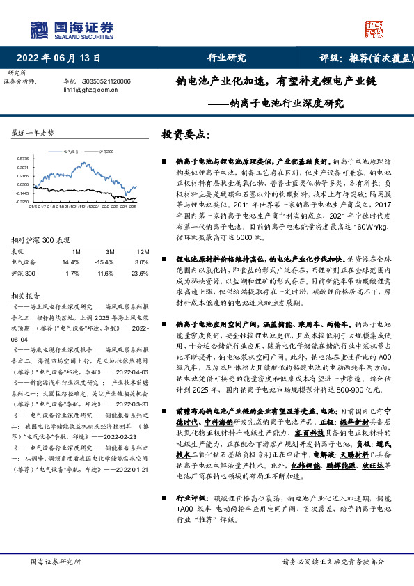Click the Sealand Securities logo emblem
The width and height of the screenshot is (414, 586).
tap(40, 28)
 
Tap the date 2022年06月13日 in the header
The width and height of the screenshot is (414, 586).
tap(63, 58)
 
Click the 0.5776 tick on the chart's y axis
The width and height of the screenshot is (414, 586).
tap(23, 158)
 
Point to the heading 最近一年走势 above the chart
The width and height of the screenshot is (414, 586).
tap(33, 132)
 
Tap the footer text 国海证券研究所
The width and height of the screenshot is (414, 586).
tap(56, 561)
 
